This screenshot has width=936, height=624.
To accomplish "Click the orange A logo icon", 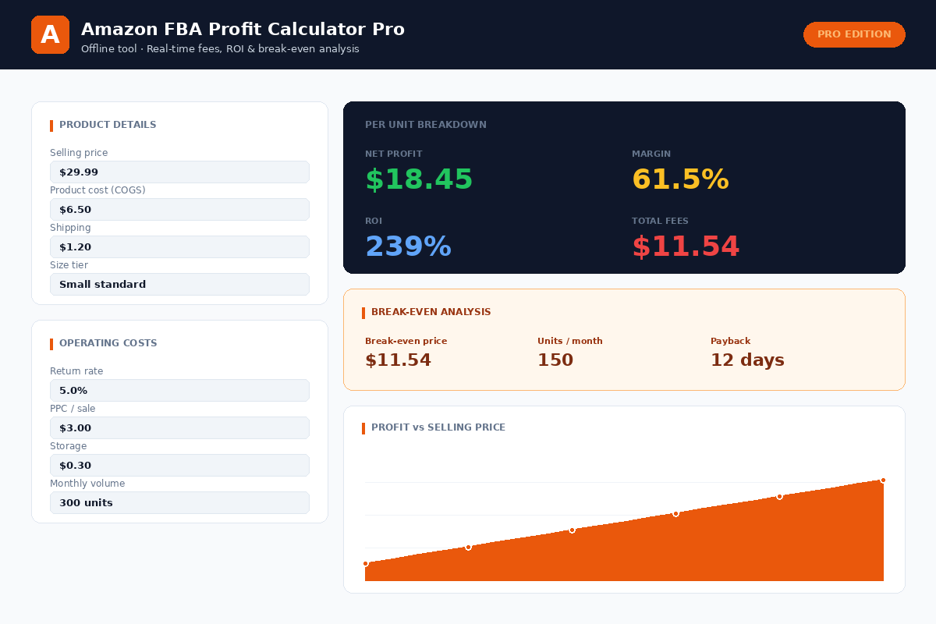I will tap(50, 35).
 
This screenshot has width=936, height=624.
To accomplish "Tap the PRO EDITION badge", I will tap(854, 34).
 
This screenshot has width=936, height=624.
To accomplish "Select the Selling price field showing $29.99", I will tap(179, 172).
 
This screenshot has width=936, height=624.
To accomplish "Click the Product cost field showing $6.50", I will tap(179, 210).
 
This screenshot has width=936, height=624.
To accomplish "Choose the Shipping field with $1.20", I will tap(179, 247).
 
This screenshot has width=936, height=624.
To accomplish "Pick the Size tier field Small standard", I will tap(179, 285).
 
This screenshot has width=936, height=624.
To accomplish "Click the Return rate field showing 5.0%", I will tap(179, 391).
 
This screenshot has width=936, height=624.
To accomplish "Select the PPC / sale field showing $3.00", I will tap(179, 428).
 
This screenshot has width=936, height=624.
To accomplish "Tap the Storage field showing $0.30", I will tap(179, 466).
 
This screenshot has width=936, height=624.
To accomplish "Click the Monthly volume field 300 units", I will tap(179, 503).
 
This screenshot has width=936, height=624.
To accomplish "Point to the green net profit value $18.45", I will tap(419, 180).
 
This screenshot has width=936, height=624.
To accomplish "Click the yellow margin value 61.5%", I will tap(680, 180).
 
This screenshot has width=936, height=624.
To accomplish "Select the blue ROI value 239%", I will tap(408, 247).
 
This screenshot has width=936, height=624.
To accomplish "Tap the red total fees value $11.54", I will tap(686, 247).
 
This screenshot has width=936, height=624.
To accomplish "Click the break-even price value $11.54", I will tap(398, 360).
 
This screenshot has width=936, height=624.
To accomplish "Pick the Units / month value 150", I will tap(555, 360).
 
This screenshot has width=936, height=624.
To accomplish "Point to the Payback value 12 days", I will tap(747, 360).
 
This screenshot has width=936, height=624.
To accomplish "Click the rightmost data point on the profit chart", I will tap(883, 480).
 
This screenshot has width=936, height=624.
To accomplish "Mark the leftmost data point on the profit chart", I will tap(365, 563).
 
